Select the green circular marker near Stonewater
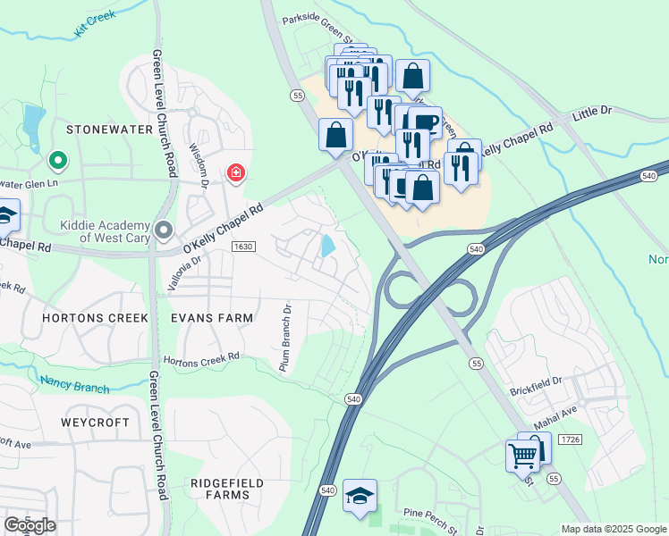(58, 161)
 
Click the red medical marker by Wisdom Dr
(236, 172)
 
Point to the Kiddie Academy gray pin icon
(163, 230)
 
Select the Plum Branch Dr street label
(285, 339)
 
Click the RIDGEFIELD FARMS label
(227, 489)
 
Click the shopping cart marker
(522, 456)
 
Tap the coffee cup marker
(426, 122)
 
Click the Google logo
(30, 525)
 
